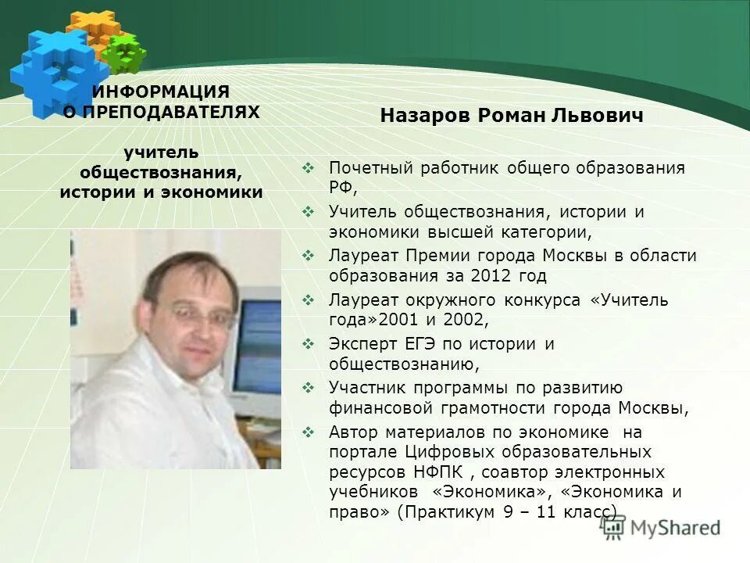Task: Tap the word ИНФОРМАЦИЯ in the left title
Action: coord(161,92)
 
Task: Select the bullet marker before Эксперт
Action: coord(308,343)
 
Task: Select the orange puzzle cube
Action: coord(91,30)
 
